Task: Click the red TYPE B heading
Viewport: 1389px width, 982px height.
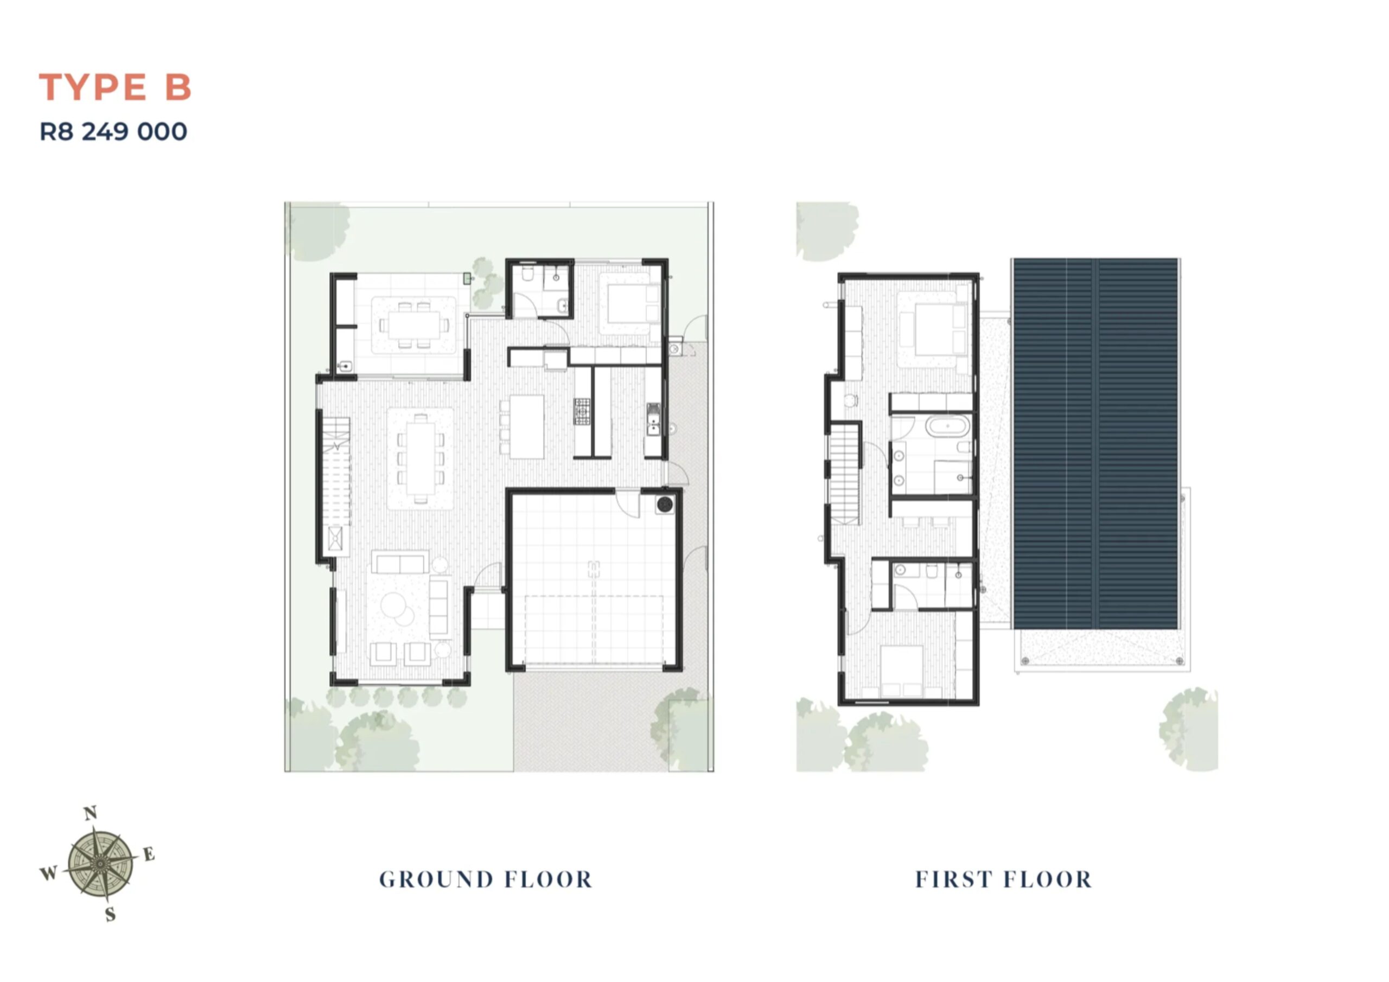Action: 115,87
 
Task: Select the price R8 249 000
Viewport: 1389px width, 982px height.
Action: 113,131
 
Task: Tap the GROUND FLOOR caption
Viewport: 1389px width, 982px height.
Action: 486,879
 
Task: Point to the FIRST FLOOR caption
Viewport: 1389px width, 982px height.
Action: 1004,879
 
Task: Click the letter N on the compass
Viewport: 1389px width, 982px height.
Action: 90,813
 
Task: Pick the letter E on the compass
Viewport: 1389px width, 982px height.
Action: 149,854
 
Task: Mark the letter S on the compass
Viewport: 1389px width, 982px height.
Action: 110,914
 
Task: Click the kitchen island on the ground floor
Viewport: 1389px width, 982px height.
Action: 527,426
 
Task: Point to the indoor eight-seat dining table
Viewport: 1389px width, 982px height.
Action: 420,458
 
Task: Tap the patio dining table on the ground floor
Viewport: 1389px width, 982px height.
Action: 415,325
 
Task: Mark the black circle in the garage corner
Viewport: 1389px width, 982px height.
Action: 665,504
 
